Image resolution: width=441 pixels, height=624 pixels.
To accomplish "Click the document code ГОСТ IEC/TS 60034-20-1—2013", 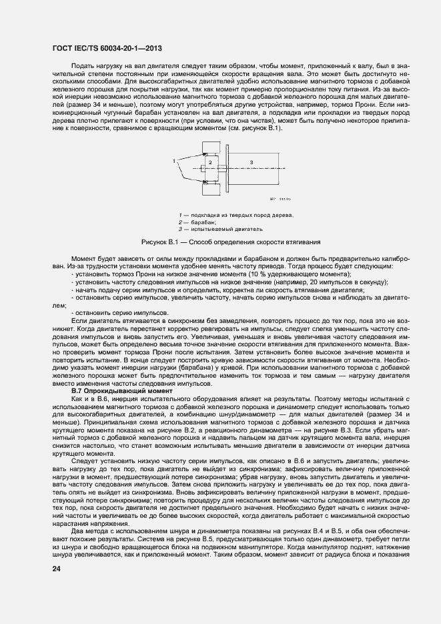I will tap(107, 49).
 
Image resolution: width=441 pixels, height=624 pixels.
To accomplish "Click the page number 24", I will tap(57, 569).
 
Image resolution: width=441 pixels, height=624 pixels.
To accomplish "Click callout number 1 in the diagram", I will tap(174, 161).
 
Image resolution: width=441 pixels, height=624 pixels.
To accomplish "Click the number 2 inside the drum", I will tap(209, 162).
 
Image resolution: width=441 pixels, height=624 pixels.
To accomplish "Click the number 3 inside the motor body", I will tap(251, 162).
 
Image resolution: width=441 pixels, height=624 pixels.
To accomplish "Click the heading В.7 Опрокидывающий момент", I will tap(126, 390).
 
